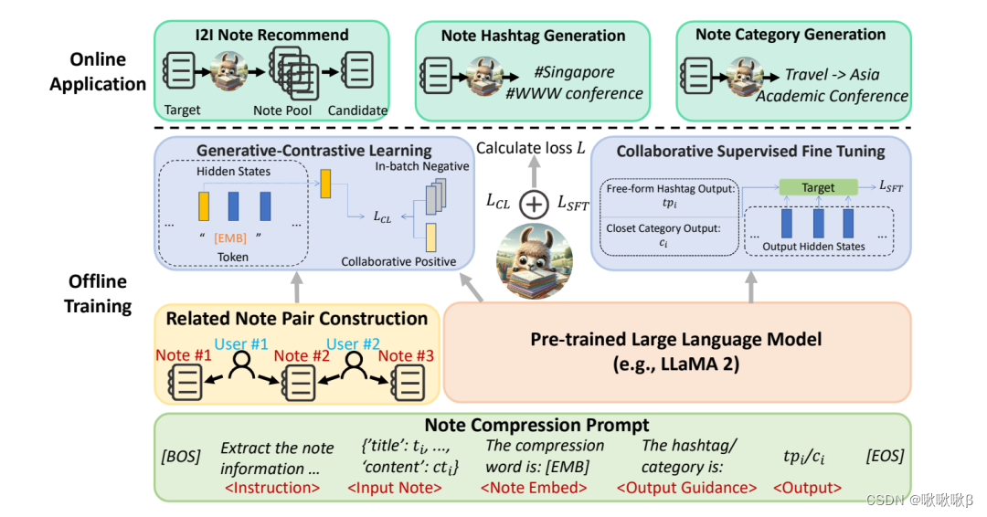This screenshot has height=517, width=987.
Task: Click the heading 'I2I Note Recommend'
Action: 271,36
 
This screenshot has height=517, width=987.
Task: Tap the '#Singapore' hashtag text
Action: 574,72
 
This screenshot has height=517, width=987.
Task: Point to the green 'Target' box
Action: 818,187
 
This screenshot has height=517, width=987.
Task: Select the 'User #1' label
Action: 241,345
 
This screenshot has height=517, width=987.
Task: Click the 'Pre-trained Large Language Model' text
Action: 676,340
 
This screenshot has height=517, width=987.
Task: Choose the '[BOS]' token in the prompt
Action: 179,456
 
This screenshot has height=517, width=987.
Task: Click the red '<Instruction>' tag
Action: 271,488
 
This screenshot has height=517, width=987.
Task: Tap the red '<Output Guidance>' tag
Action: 686,488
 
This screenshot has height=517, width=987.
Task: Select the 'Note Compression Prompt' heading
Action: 536,425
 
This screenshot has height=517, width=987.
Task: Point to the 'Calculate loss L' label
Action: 532,148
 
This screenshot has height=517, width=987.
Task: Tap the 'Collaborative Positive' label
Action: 398,261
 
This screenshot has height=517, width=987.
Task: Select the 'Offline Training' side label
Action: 97,293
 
